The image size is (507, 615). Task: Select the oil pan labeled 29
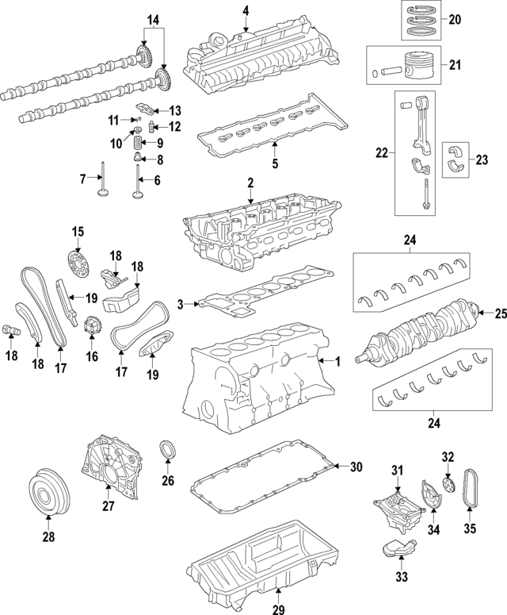261,563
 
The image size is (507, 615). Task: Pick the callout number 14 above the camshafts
152,17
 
